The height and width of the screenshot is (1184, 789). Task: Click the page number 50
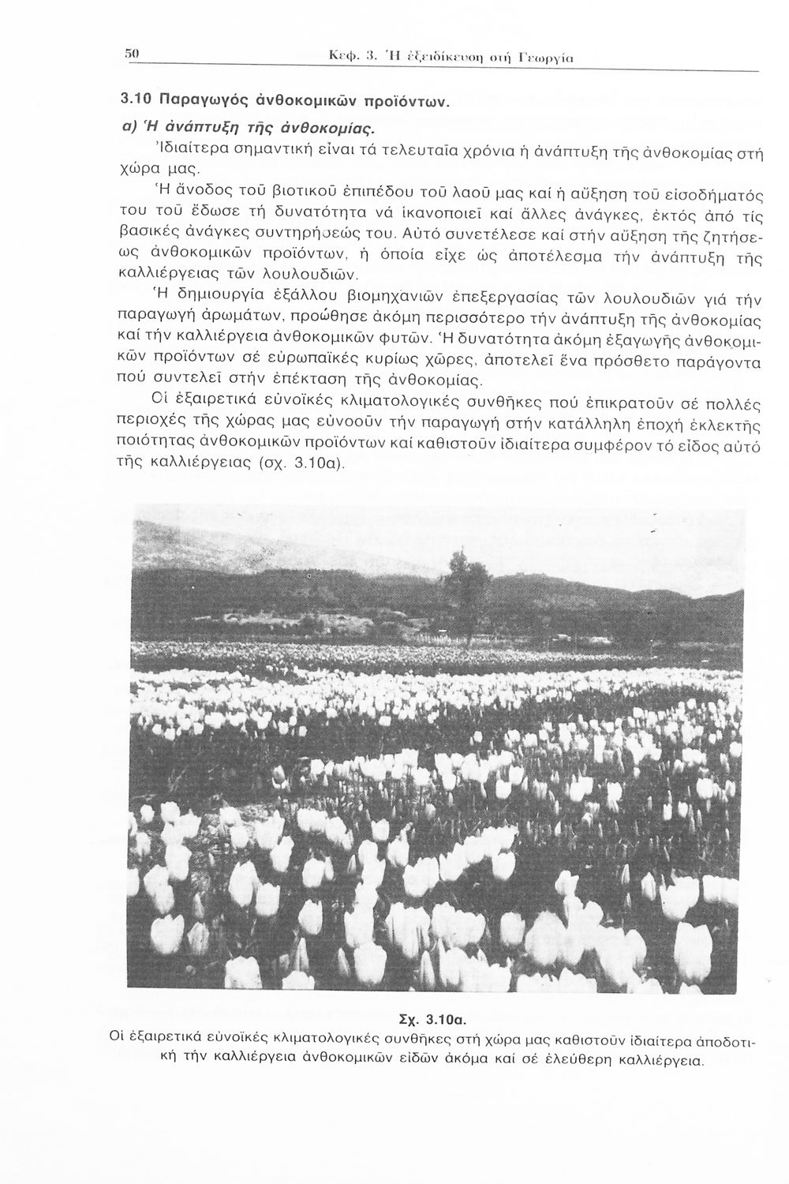[132, 54]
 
